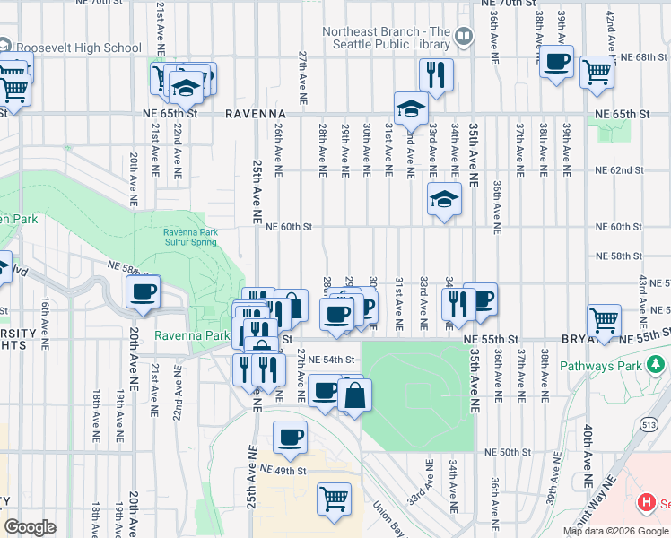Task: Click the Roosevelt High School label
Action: click(77, 48)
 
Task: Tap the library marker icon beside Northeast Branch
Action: click(464, 37)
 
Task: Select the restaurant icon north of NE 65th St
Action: click(436, 74)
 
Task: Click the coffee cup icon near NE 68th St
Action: click(556, 61)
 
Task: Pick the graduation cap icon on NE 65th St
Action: click(412, 108)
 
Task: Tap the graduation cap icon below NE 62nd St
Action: click(444, 198)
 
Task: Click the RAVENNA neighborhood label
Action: click(255, 115)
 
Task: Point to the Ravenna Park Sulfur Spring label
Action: click(189, 237)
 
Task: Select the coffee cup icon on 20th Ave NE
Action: click(143, 291)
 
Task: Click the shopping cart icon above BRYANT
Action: click(604, 318)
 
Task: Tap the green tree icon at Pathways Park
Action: click(657, 365)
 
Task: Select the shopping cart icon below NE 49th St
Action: click(334, 498)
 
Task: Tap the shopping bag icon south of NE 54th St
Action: click(355, 395)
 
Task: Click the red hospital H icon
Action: click(643, 504)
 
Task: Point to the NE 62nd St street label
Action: click(619, 169)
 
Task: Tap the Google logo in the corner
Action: click(30, 527)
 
